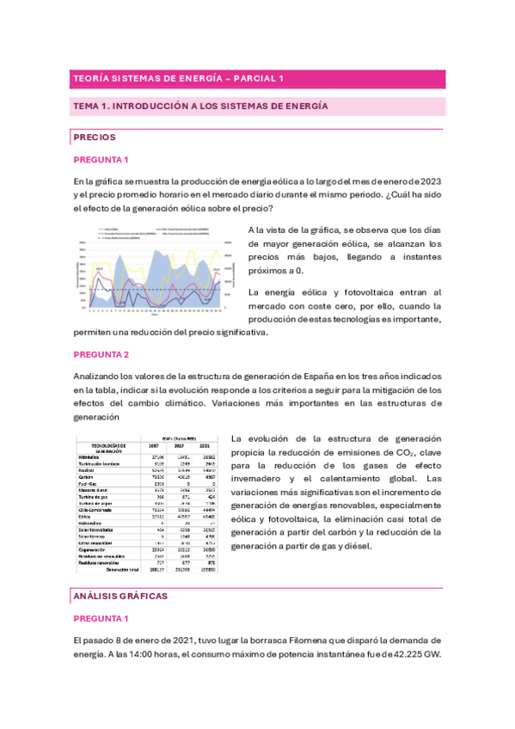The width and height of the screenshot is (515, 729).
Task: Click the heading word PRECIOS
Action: pyautogui.click(x=95, y=138)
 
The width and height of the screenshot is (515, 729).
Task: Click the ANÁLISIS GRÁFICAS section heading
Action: pyautogui.click(x=120, y=595)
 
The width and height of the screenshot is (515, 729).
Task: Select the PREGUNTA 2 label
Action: pyautogui.click(x=101, y=354)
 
